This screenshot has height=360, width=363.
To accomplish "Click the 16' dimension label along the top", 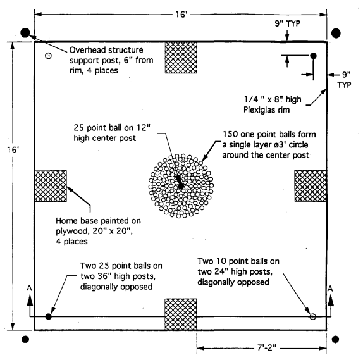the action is coord(181,15).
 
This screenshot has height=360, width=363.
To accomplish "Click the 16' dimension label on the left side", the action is coord(13,150).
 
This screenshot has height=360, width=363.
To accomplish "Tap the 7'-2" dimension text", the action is coord(267,347).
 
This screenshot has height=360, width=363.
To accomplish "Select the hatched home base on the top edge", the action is coord(181,58).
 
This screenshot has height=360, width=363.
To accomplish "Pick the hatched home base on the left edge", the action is coord(51,186).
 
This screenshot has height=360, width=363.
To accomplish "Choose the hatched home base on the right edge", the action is coord(311,186).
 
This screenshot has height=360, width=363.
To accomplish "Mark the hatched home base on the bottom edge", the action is coord(181,314).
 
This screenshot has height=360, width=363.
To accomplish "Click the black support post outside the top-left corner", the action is coord(25,33).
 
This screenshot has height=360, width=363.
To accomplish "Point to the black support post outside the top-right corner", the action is coord(336,33).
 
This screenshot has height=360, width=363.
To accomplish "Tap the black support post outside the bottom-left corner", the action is coord(25,339).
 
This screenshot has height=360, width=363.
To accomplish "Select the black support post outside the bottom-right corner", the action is coord(335,339).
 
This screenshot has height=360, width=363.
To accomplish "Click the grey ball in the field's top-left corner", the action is coord(48,56).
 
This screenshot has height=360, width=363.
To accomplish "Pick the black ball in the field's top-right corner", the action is coord(313,56).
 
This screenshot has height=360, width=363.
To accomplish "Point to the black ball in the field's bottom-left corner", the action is coord(49,316).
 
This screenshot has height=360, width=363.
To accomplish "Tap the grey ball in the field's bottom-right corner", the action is coord(313,316).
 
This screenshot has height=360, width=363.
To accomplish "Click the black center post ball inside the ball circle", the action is coord(181,186).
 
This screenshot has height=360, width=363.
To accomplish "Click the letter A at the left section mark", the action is coord(29,288).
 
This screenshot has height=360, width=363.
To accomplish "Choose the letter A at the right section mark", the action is coord(330,289).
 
